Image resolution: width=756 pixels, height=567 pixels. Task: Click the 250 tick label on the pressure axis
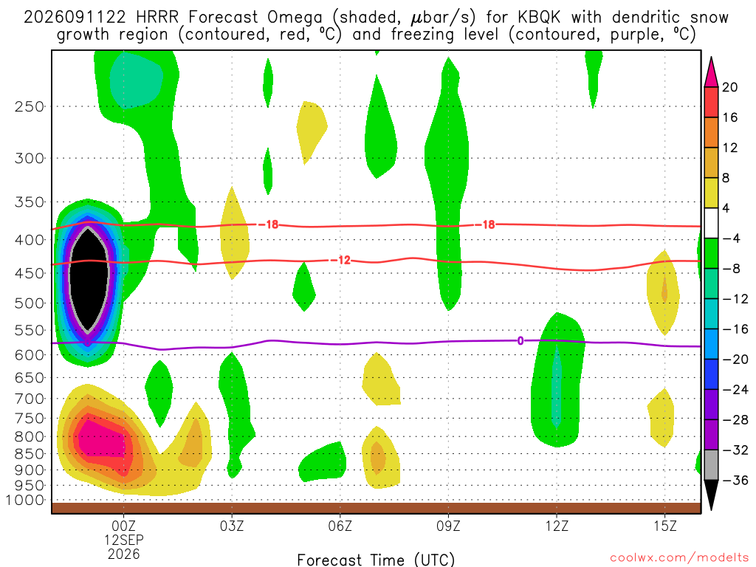point(30,106)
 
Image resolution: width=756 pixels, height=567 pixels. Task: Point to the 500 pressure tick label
point(30,303)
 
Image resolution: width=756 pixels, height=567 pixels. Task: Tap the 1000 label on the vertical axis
point(26,500)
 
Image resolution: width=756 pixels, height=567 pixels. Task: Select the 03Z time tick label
point(232,526)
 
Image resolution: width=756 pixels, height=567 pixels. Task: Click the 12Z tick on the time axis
point(557,526)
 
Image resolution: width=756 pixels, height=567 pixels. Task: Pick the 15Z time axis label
point(665,526)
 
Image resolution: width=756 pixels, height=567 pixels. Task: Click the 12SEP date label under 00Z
point(124,540)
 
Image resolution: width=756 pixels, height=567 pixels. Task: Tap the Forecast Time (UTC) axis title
point(376,560)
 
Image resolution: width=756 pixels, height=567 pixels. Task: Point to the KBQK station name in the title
point(539,18)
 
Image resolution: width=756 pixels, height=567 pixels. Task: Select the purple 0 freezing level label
point(520,341)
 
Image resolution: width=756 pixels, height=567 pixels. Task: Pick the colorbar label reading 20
point(729,87)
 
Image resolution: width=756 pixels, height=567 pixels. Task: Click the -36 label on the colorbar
point(733,480)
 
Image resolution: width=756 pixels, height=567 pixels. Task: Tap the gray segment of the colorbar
point(711,465)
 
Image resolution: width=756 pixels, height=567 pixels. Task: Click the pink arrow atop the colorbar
point(711,72)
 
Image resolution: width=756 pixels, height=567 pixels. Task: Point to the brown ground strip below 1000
point(376,508)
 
